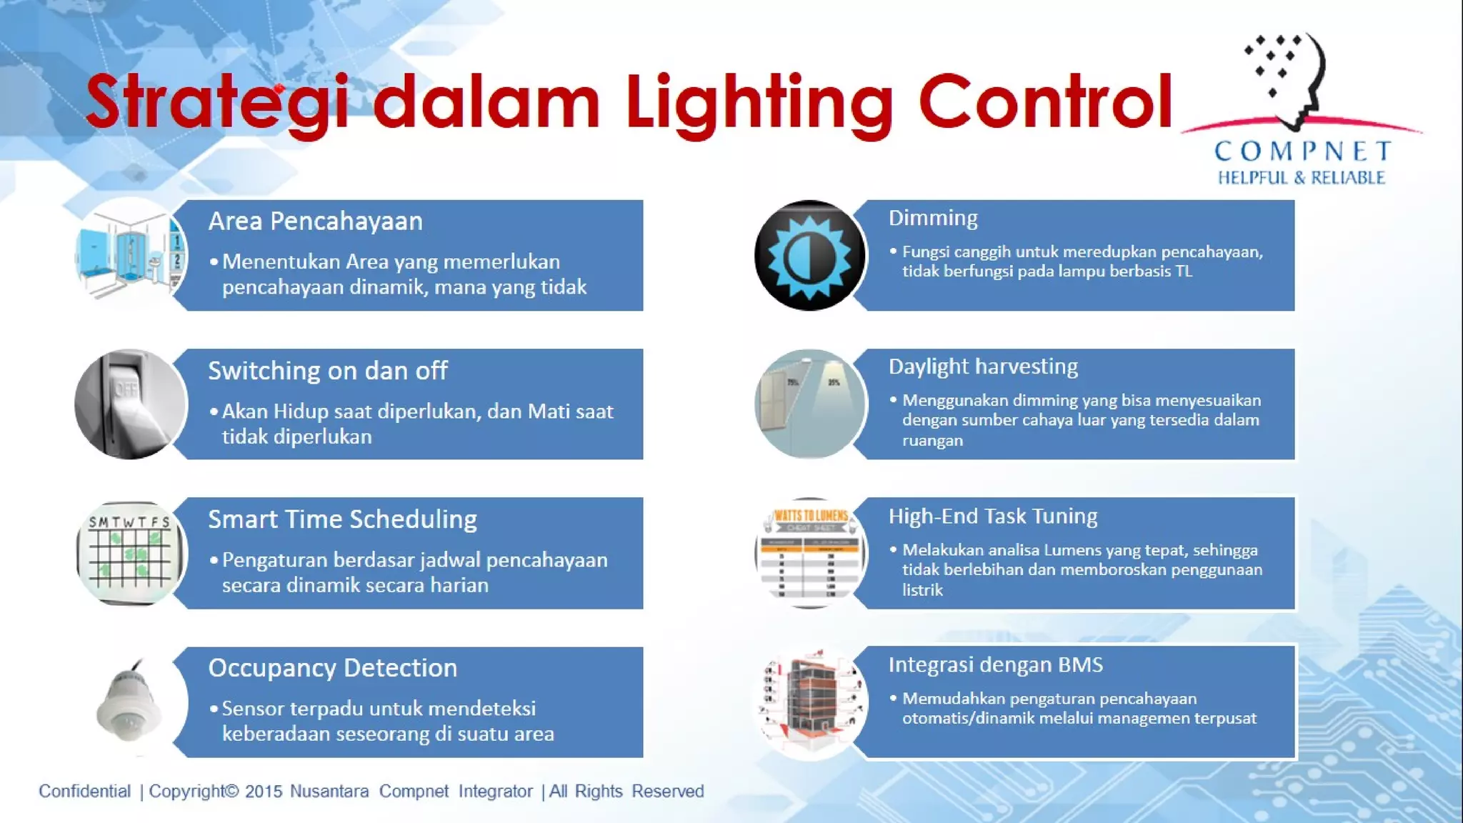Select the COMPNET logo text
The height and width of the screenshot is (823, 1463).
1302,151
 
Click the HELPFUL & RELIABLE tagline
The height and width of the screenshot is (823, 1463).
1301,177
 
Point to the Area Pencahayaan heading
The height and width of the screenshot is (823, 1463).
315,221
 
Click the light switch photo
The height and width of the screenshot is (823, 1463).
130,404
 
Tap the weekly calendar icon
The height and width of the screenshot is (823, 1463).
130,553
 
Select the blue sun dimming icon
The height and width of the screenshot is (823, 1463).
809,256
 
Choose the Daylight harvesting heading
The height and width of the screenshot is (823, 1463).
983,366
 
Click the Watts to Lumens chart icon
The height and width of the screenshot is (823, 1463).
810,553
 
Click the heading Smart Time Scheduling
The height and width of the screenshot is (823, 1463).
342,519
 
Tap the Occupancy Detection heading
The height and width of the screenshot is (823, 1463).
332,668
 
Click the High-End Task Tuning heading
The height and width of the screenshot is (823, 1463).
992,517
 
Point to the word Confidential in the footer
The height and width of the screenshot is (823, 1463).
84,792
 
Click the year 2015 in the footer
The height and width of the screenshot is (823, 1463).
263,792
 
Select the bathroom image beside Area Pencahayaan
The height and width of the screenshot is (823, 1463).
130,256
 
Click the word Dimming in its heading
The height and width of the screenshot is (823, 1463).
932,218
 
